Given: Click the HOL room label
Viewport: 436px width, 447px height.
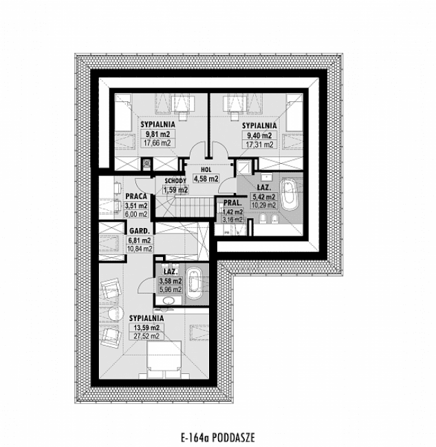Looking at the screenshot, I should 205,169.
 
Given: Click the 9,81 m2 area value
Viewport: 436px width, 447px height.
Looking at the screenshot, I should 156,134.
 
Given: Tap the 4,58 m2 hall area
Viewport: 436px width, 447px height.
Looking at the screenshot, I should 205,178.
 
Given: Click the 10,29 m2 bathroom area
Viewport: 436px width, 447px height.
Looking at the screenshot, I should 264,205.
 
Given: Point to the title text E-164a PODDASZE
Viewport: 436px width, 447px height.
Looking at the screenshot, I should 217,437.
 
